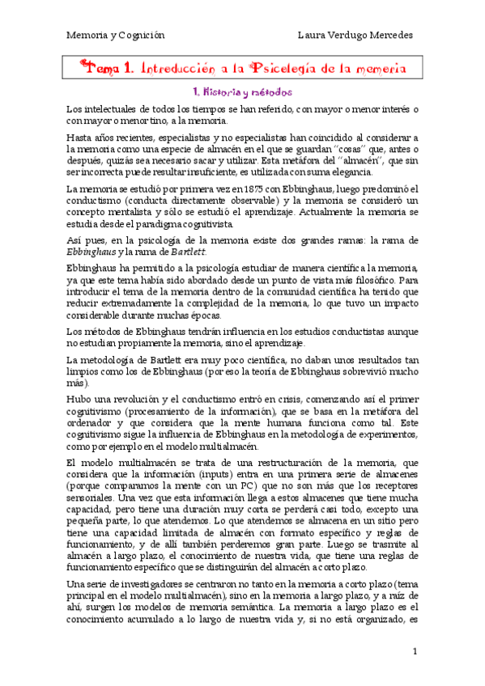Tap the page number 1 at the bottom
tap(415, 651)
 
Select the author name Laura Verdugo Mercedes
tap(355, 36)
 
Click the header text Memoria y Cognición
tap(114, 36)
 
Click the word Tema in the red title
tap(100, 68)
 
